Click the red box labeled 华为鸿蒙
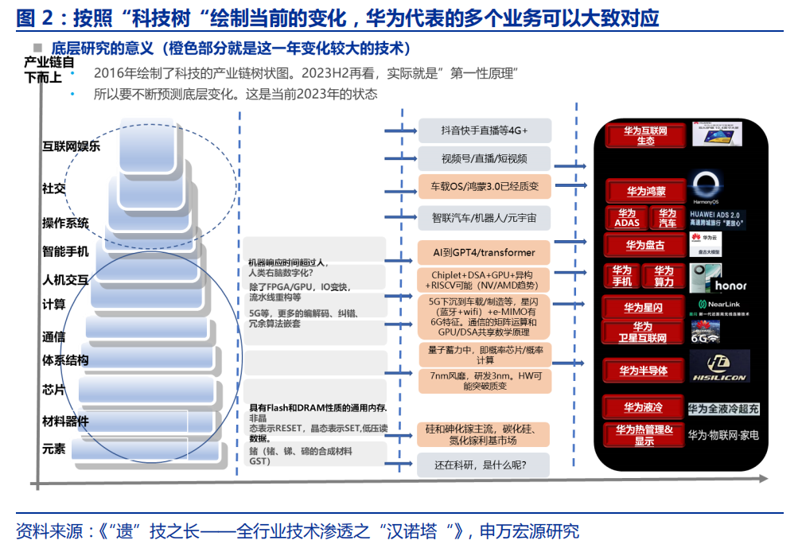[645, 191]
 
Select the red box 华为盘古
[645, 245]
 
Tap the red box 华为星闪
[644, 308]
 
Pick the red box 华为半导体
[644, 371]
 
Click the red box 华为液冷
[644, 407]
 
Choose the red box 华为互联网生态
[645, 135]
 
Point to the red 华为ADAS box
[627, 218]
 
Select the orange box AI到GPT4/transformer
[485, 252]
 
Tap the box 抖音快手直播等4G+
[485, 130]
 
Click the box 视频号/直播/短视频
[485, 158]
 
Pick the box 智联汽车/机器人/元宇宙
[485, 217]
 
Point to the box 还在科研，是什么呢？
[485, 464]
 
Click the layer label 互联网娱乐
[72, 146]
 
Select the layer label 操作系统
[65, 223]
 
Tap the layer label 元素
[54, 449]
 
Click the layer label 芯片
[54, 391]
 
